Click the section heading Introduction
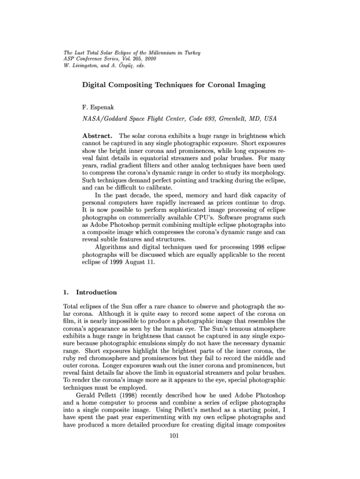[x=96, y=292]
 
